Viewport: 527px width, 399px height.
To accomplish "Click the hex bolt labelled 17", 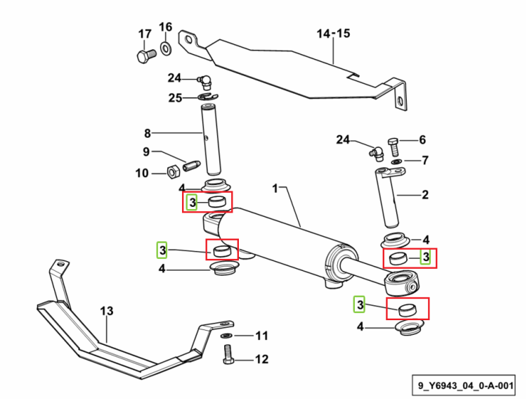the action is coord(146,56).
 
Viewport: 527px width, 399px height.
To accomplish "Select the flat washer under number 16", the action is coord(166,49).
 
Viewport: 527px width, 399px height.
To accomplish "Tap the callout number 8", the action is coord(148,133).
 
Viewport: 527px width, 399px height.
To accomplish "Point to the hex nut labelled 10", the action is coord(174,172).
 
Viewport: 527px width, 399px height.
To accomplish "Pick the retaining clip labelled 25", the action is coord(208,97).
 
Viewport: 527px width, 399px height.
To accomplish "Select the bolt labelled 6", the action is coord(393,148).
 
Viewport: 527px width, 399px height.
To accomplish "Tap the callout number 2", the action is coord(425,195).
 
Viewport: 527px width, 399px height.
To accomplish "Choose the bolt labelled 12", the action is coord(228,354).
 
